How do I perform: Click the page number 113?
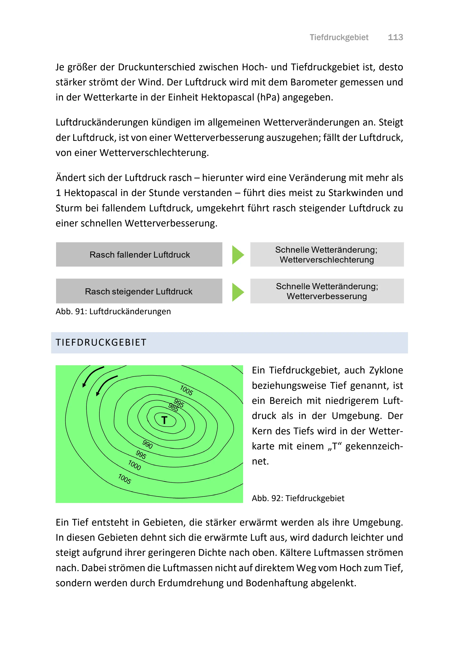[x=395, y=37]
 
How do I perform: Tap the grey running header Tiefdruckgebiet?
[x=339, y=37]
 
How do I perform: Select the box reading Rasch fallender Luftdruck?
[x=139, y=255]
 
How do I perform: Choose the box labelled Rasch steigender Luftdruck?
[x=139, y=291]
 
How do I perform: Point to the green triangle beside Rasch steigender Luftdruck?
[x=237, y=292]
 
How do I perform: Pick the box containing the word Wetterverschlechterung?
[x=327, y=255]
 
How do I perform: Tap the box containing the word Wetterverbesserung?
[x=327, y=291]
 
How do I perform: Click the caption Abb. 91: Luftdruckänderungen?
[x=113, y=312]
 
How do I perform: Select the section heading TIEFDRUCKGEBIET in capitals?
[x=101, y=343]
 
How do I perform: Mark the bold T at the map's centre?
[x=164, y=420]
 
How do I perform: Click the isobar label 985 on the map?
[x=173, y=407]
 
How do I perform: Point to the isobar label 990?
[x=148, y=444]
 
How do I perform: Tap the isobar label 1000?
[x=135, y=465]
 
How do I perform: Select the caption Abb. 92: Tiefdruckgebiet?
[x=298, y=498]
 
